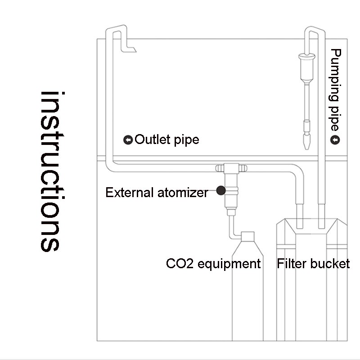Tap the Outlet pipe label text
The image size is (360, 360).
pos(166,139)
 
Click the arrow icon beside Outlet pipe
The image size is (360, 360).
pos(128,140)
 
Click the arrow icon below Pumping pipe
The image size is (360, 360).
pos(335,140)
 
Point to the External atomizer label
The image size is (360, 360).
pos(157,193)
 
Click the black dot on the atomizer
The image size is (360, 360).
pos(220,191)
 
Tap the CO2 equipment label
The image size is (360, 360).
pos(213,263)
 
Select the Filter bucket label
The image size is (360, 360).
pos(313,263)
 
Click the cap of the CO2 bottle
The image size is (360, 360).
pos(247,237)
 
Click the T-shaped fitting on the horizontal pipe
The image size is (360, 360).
pos(232,169)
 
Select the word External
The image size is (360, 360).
pos(130,193)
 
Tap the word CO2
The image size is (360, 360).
pos(176,263)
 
